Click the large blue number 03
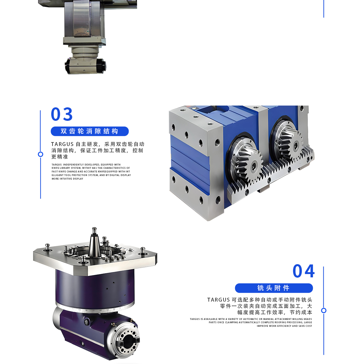pyautogui.click(x=61, y=114)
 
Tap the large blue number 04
pyautogui.click(x=304, y=271)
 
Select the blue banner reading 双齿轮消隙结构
pyautogui.click(x=90, y=131)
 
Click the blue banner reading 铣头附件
pyautogui.click(x=274, y=288)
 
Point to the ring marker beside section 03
pyautogui.click(x=40, y=154)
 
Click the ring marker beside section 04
pyautogui.click(x=324, y=311)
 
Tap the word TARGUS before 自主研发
pyautogui.click(x=62, y=144)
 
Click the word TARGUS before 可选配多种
pyautogui.click(x=218, y=300)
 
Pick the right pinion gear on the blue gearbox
pyautogui.click(x=292, y=144)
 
